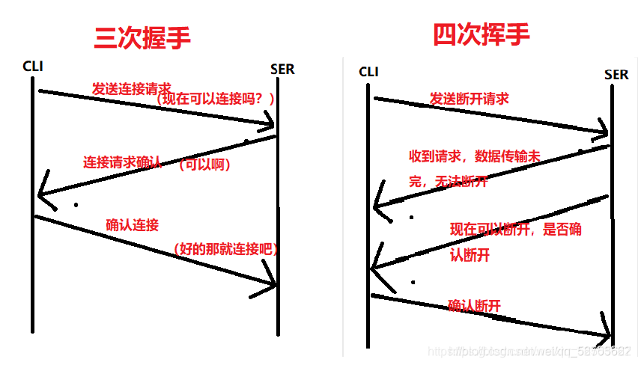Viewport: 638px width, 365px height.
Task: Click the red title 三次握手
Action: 142,37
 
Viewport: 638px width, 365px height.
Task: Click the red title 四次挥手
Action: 481,34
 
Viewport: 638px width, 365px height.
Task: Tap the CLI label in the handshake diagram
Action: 33,66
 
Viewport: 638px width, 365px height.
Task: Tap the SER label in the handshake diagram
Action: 282,70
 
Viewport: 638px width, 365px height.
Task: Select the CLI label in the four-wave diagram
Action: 369,72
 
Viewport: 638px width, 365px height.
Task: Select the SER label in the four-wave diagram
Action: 616,74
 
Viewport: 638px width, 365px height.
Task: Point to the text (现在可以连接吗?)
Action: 216,99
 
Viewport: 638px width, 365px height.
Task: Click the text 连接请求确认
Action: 122,162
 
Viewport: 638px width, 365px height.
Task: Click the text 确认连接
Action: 132,224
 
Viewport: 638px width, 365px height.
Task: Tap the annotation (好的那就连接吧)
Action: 225,249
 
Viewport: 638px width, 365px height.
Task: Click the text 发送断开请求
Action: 469,98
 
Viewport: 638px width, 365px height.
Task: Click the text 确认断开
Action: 474,305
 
